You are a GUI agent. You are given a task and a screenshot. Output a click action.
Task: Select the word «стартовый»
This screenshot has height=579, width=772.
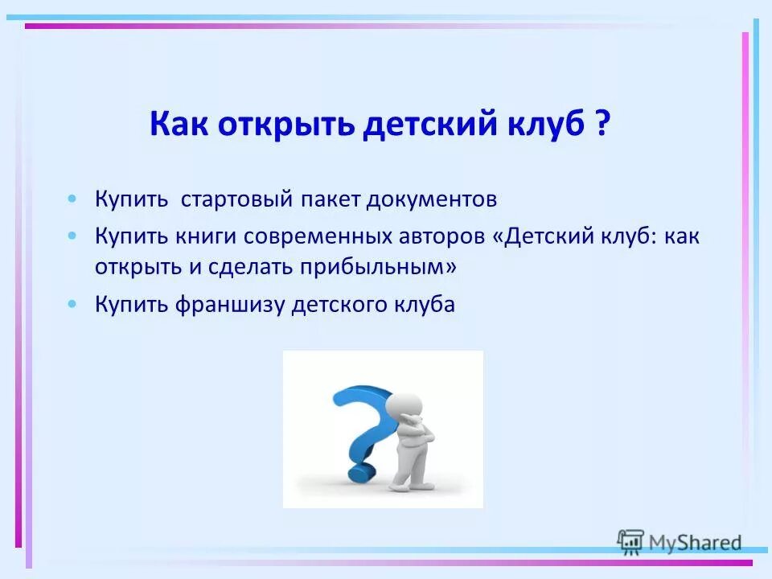pos(235,199)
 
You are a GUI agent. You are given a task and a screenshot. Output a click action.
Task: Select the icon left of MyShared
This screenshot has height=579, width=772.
pos(630,542)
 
